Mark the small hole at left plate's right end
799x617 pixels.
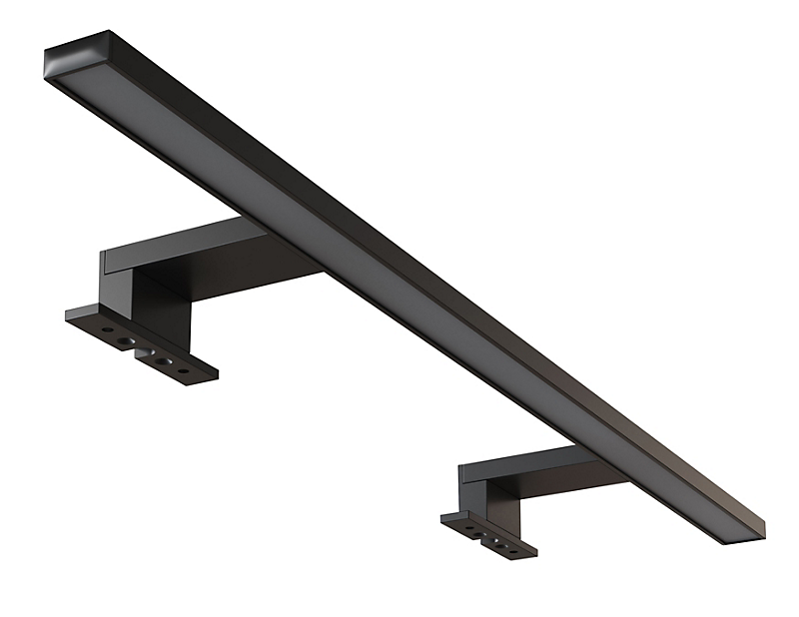pos(183,370)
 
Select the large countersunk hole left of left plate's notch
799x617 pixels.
pos(125,340)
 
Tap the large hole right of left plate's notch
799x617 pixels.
pos(164,360)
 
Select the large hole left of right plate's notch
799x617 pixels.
pos(477,530)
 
